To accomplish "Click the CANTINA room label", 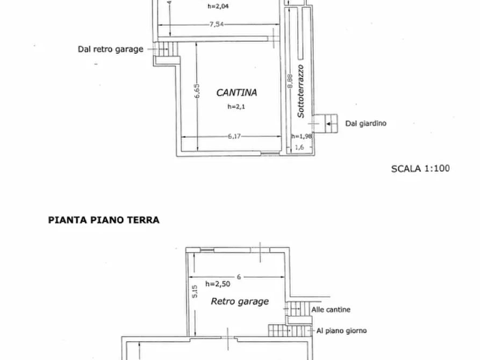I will pyautogui.click(x=237, y=92).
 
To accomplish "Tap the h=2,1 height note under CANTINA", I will pyautogui.click(x=235, y=107).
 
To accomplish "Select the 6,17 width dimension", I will pyautogui.click(x=233, y=136).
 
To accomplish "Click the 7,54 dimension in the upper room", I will pyautogui.click(x=217, y=24).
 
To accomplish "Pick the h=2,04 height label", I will pyautogui.click(x=217, y=7).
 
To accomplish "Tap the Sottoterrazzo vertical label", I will pyautogui.click(x=301, y=91).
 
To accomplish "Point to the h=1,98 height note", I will pyautogui.click(x=302, y=136).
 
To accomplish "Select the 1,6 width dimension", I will pyautogui.click(x=299, y=147).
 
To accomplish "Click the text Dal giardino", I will pyautogui.click(x=366, y=124).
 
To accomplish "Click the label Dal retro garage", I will pyautogui.click(x=111, y=49).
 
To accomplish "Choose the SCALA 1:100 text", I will pyautogui.click(x=420, y=168).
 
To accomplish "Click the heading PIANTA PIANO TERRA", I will pyautogui.click(x=104, y=220).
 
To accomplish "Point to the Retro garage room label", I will pyautogui.click(x=240, y=301).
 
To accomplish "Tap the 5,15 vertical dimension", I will pyautogui.click(x=196, y=291).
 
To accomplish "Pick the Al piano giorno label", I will pyautogui.click(x=341, y=331).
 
